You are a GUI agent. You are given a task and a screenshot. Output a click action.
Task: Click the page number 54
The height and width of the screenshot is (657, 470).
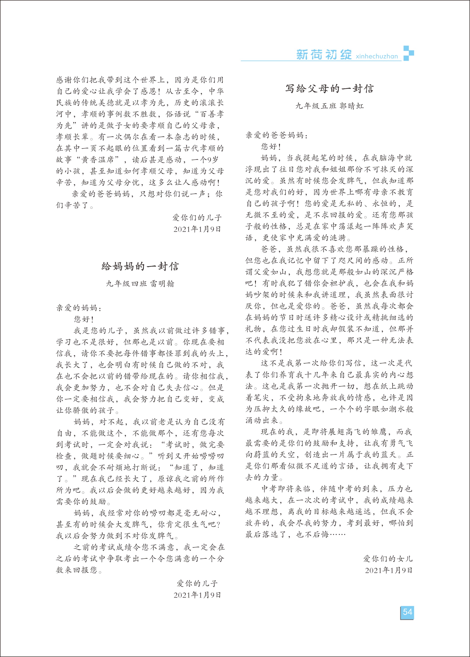pos(407,612)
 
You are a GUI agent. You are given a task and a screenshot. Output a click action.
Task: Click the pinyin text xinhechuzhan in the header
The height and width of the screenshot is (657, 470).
pos(377,56)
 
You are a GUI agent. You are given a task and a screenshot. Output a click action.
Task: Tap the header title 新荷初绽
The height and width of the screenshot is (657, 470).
pos(324,55)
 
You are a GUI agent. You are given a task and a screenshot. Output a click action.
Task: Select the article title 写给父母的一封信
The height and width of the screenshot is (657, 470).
pos(329,88)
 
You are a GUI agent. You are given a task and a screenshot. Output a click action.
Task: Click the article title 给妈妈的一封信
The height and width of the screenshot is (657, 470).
pos(140,266)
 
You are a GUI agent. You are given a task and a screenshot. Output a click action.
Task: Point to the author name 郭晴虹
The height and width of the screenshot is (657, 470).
pos(352,106)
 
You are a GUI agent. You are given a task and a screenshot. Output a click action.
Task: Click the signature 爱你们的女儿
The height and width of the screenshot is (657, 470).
pos(388,559)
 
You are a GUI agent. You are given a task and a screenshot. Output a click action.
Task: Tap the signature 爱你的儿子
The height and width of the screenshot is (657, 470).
pos(197,583)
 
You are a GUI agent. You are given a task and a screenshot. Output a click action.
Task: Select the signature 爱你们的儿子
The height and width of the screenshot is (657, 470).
pos(197,217)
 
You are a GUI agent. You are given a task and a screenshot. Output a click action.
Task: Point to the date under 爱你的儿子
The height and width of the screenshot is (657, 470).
pos(197,595)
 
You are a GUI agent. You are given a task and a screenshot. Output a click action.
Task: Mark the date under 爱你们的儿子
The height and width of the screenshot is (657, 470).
pos(197,229)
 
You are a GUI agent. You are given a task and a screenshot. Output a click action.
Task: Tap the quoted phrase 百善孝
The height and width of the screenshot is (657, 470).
pos(212,114)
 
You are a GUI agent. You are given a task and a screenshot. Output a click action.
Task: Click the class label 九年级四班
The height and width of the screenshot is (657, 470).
pos(127,284)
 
